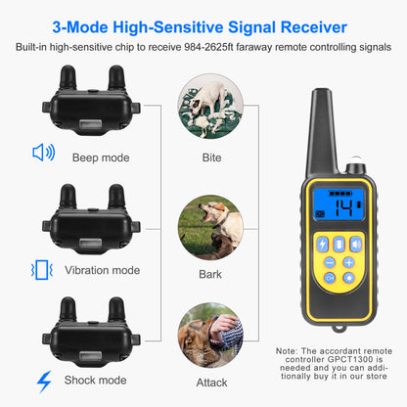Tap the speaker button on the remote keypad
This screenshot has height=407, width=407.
pyautogui.click(x=355, y=244)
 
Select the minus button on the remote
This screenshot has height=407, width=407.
pyautogui.click(x=331, y=262)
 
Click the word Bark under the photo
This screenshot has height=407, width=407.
pyautogui.click(x=210, y=275)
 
